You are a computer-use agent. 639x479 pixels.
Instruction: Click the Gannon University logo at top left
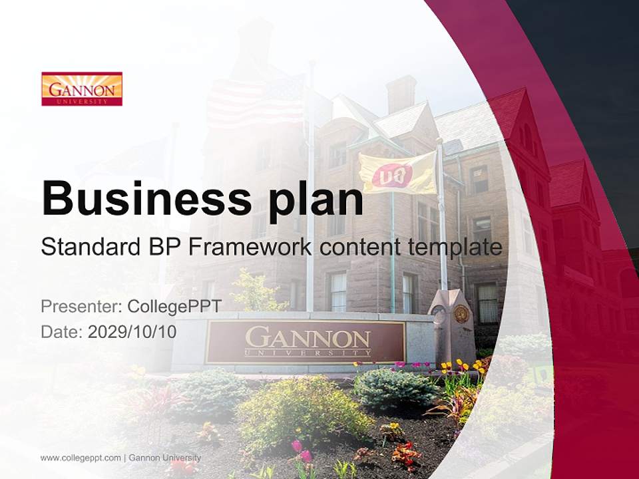[82, 89]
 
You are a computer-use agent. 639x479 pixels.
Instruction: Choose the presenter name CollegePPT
[174, 307]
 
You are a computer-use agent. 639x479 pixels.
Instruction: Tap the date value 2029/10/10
[132, 331]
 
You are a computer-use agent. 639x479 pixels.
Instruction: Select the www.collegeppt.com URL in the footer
[81, 458]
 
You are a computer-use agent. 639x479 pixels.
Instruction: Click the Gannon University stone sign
[306, 341]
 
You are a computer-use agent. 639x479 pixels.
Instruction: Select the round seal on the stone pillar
[461, 313]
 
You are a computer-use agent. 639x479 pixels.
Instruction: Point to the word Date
[61, 331]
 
